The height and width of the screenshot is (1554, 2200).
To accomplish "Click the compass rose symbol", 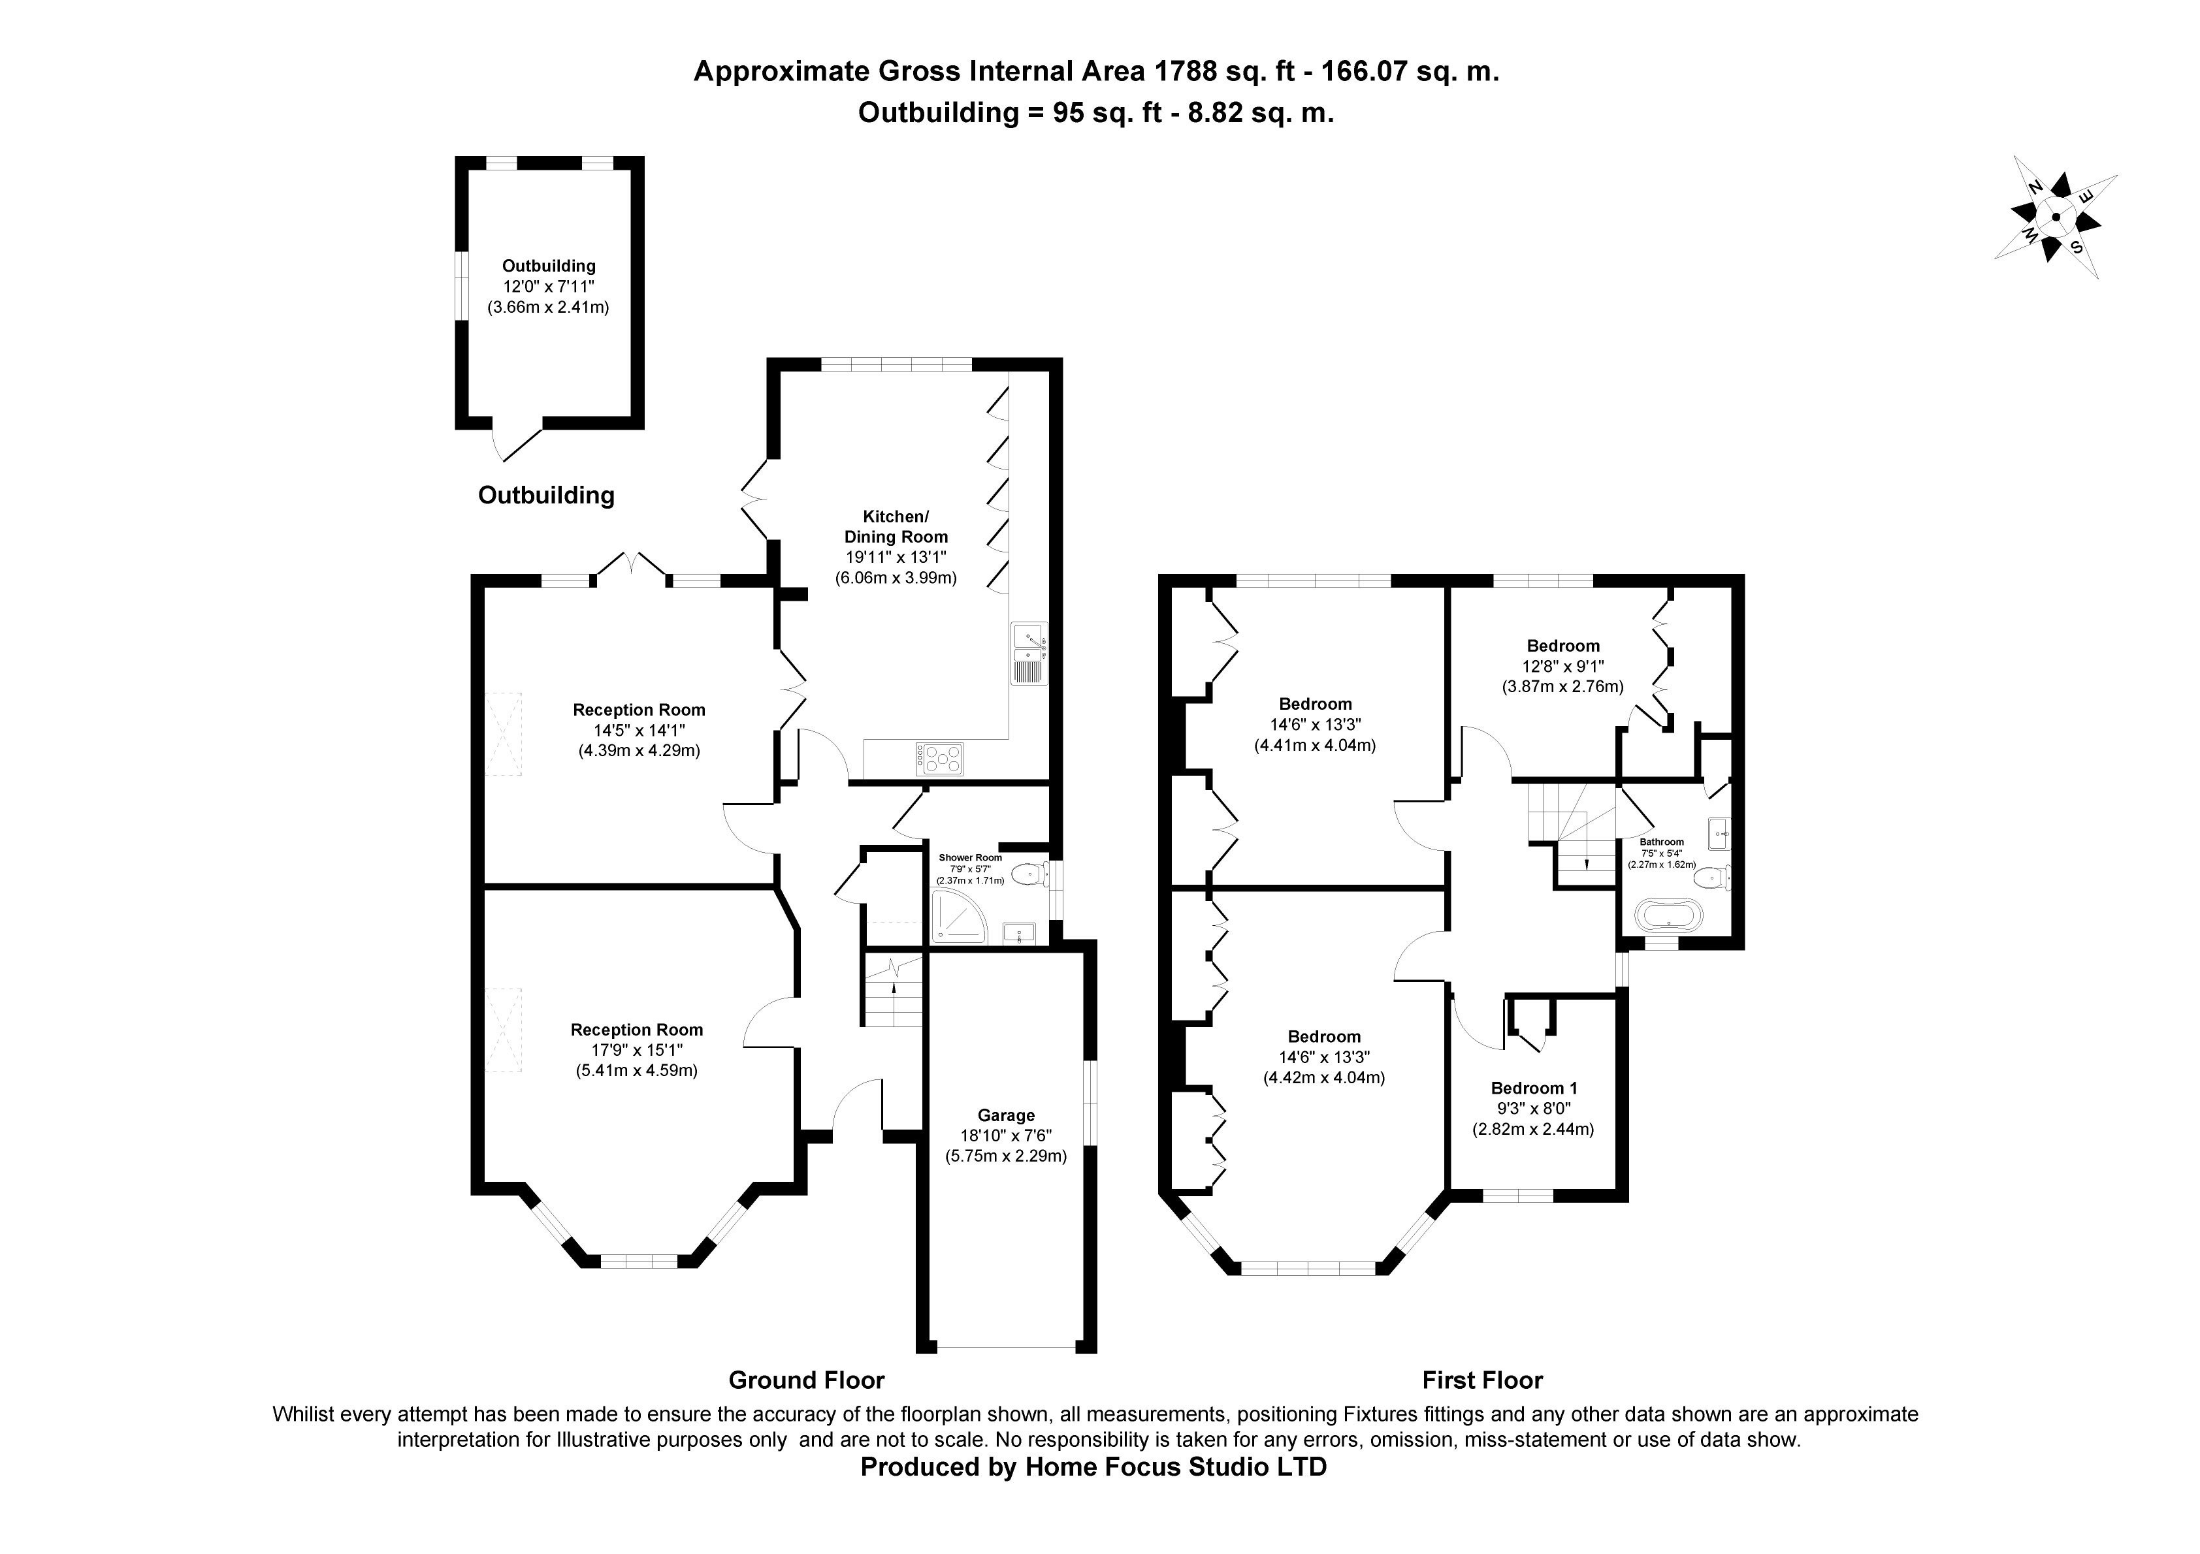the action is point(2055,217).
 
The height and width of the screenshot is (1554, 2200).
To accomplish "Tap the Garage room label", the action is point(1006,1115).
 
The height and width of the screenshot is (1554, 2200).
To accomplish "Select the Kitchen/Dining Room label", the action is point(896,527).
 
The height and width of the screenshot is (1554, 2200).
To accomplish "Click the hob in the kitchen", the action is point(940,759).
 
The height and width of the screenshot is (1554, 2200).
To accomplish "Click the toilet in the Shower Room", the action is point(1030,874).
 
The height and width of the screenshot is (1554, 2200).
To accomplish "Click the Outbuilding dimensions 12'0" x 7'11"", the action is point(549,287).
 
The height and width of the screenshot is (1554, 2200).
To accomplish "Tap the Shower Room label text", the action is point(970,857).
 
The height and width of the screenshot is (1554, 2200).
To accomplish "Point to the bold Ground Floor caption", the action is point(807,1380).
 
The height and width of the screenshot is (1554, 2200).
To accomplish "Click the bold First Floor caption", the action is point(1482,1380).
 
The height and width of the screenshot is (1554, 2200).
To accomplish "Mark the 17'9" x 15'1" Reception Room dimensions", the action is point(637,1050).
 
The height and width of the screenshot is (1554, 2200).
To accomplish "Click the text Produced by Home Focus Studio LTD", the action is point(1093,1467).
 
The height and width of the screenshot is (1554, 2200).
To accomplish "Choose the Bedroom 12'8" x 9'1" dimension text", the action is point(1563,666).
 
